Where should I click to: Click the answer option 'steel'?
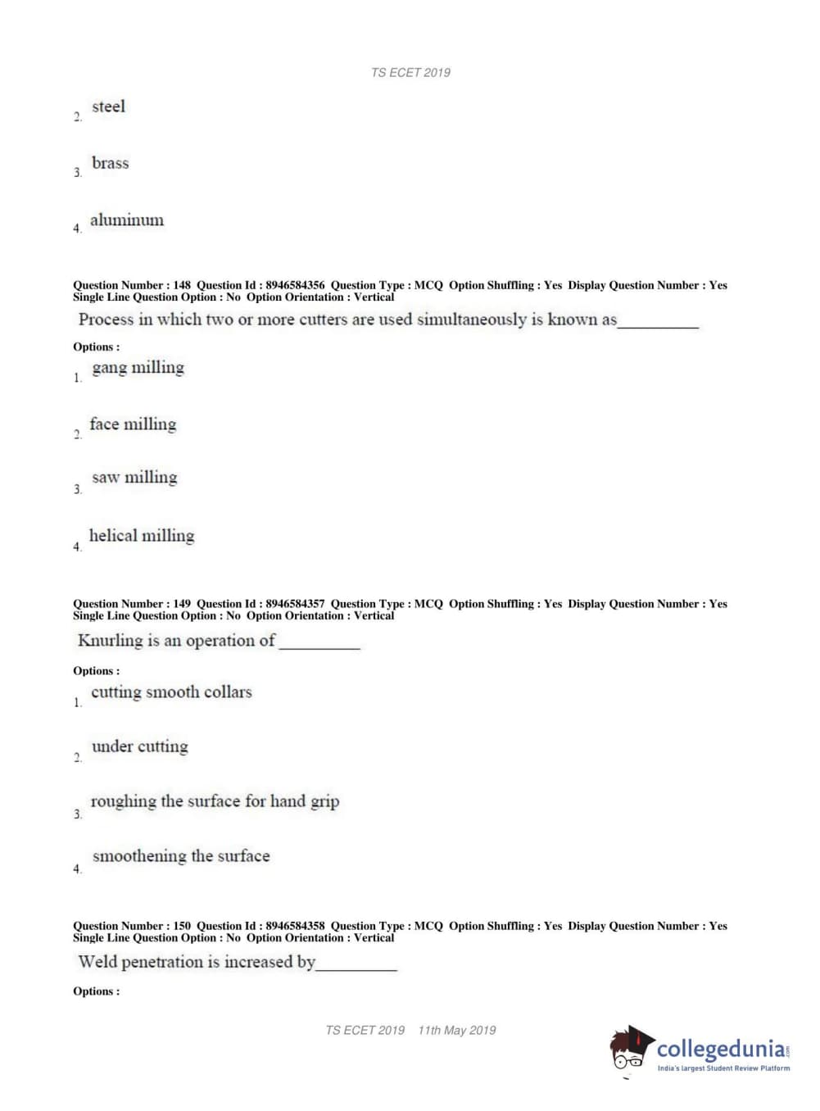coord(108,107)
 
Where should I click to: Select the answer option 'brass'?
coord(110,163)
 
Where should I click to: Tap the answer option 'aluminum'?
coord(127,220)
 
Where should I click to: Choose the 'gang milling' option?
coord(138,368)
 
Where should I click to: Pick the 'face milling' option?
coord(133,424)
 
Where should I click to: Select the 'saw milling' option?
coord(134,478)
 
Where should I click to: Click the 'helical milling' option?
coord(142,536)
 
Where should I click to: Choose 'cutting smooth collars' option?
coord(171,692)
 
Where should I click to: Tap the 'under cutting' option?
coord(139,746)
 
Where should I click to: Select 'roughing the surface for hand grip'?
coord(215,801)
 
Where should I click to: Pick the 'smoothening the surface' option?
coord(181,856)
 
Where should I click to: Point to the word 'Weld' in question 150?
coord(97,962)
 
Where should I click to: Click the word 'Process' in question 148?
coord(106,320)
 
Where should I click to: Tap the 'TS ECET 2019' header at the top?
coord(410,73)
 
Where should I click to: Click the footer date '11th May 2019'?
coord(457,1031)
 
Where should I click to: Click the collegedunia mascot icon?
coord(630,1049)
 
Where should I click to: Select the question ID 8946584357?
coord(295,604)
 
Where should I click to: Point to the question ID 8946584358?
coord(295,926)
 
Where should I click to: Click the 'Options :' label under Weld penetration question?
coord(96,991)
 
